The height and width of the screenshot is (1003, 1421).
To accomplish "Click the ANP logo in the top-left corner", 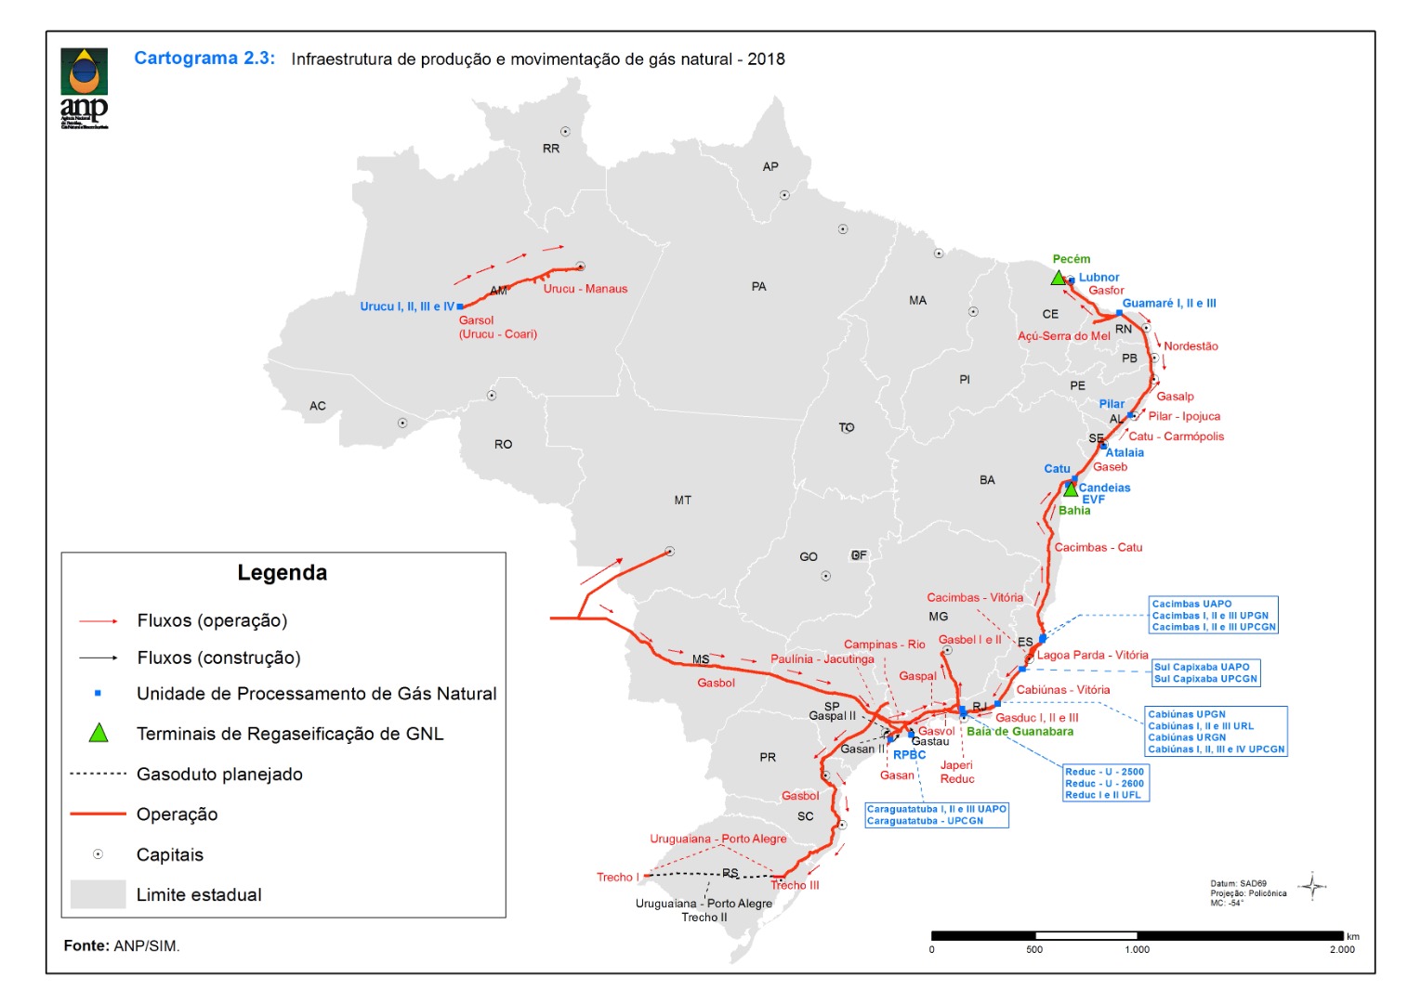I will point(85,87).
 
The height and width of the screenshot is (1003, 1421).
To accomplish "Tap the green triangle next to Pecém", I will point(1058,278).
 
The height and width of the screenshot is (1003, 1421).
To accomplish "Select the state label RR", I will point(551,149).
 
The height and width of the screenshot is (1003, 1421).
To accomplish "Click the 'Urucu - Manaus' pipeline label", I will point(586,289).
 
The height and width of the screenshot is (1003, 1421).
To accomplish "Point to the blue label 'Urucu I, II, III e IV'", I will point(407,306).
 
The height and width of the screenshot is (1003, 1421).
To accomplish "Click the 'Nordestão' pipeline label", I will point(1191,346).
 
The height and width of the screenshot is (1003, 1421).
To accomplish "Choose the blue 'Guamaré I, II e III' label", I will point(1168,304).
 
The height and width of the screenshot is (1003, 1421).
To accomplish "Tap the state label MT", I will point(682,501).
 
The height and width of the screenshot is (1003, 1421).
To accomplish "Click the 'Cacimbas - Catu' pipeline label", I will point(1098,548).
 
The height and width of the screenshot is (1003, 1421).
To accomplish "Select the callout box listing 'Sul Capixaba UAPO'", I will point(1205,673).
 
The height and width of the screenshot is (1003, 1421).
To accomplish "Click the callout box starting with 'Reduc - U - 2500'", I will point(1104,784).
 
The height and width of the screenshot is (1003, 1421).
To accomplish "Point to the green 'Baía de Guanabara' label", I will point(1020,732).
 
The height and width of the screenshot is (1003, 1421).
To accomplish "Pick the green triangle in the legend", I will point(99,733).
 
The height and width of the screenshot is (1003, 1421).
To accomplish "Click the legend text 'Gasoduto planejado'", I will point(219,775).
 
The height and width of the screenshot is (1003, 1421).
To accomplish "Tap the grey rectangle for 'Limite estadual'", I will point(98,894).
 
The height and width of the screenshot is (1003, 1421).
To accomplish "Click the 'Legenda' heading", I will point(282,573).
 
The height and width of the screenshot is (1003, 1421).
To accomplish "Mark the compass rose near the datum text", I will point(1312,887).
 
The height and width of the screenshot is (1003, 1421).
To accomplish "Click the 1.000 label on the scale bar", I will point(1137,950).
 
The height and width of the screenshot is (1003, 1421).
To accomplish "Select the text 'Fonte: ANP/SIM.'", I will point(122,946).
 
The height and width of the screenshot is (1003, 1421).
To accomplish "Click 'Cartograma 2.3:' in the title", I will point(204,59).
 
